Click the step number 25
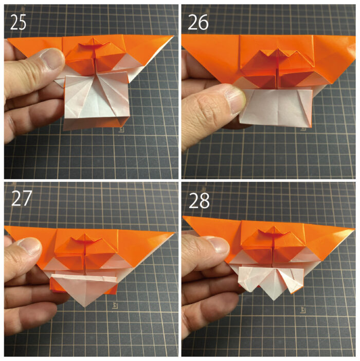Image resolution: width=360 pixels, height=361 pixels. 18,22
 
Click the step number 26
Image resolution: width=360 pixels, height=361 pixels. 198,22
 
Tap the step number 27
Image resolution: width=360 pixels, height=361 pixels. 22,198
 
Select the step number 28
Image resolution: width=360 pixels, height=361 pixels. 199,200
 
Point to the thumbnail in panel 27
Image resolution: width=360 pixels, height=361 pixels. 30,248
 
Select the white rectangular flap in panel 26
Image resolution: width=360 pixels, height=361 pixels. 276,107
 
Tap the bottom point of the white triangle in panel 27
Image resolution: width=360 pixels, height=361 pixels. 85,307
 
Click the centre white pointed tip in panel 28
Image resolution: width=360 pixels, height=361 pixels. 274,300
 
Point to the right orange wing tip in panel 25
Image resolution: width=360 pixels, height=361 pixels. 173,37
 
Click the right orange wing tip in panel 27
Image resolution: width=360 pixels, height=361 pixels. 174,233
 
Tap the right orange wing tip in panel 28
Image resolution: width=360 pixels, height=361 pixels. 354,229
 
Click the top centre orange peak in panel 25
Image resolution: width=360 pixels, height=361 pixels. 93,39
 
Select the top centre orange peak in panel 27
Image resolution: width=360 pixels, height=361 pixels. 85,234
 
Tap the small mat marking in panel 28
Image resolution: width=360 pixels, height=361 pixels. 302,309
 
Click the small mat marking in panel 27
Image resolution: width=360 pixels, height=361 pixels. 115,305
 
